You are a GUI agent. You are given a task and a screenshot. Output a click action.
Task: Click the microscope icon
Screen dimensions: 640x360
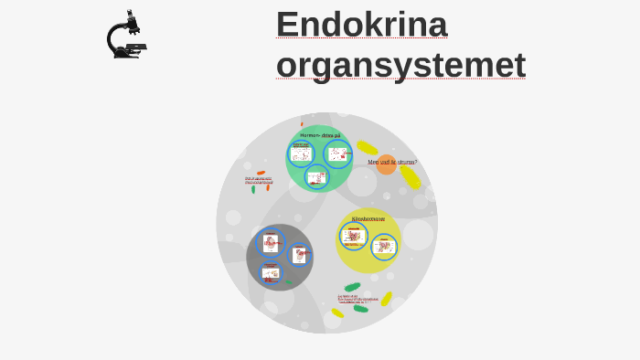[126, 36]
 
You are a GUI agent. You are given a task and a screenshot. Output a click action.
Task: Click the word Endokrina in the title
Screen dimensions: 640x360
[361, 24]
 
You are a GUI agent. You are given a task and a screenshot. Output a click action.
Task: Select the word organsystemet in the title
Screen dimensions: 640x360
[400, 65]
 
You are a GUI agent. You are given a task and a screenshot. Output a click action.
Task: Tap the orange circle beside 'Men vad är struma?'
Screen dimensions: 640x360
[386, 165]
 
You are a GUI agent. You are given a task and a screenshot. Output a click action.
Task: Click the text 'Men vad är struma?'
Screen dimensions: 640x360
[392, 162]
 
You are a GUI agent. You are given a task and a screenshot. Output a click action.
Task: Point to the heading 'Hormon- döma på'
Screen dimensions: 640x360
[320, 135]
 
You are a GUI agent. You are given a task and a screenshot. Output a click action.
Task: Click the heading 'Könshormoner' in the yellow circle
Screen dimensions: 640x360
[368, 218]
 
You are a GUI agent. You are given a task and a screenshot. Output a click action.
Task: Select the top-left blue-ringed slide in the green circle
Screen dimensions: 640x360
[301, 153]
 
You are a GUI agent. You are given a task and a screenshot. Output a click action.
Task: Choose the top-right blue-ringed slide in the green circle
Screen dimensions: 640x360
[337, 154]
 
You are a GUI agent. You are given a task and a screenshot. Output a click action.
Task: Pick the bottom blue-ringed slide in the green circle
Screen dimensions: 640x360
[316, 177]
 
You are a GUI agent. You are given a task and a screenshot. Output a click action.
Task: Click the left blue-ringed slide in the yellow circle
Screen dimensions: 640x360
[353, 236]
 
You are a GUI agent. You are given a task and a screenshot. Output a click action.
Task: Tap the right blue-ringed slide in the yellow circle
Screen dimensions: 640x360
[384, 246]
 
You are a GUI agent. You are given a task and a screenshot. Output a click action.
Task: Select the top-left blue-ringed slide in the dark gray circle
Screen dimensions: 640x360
[271, 242]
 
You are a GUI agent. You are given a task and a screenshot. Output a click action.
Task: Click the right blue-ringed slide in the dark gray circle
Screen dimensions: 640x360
[299, 255]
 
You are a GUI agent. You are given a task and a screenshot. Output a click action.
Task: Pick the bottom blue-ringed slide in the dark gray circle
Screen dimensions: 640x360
[270, 272]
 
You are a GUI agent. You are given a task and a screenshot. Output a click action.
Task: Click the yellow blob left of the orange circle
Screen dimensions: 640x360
[367, 148]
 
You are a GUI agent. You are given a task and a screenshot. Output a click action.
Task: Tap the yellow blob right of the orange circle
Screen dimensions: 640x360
[411, 177]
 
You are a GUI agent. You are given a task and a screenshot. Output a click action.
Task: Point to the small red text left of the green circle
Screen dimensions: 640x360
[259, 180]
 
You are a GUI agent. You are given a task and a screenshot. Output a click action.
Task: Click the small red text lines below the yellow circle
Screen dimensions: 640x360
[357, 299]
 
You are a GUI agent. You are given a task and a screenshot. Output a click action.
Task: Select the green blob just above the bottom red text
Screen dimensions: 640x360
[352, 287]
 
